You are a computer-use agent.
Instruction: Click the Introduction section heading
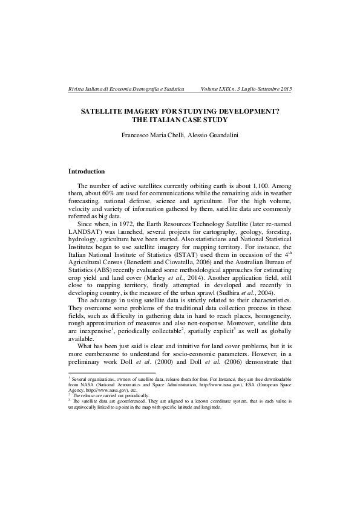87,172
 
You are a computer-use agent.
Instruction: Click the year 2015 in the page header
285,89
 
